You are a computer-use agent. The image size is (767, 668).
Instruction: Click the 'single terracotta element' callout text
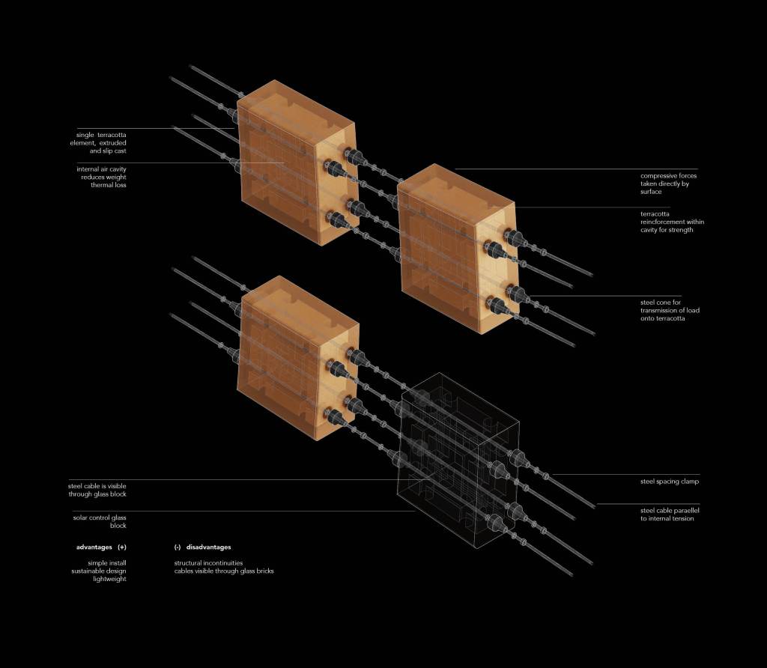click(102, 143)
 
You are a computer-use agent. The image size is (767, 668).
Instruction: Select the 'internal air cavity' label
click(102, 177)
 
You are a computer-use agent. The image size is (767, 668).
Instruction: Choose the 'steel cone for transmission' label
click(670, 310)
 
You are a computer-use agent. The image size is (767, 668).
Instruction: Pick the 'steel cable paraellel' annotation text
click(670, 514)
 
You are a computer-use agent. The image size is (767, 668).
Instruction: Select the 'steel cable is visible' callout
click(97, 490)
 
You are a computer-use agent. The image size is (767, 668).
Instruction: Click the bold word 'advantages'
click(94, 547)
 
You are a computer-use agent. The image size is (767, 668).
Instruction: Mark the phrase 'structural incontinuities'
click(208, 562)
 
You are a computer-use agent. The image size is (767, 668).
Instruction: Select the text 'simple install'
click(107, 562)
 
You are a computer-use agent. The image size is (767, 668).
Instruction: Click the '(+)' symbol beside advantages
click(122, 547)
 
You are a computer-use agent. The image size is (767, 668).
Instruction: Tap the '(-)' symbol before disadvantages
click(178, 547)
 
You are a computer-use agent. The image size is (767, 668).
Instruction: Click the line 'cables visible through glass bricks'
click(224, 571)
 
